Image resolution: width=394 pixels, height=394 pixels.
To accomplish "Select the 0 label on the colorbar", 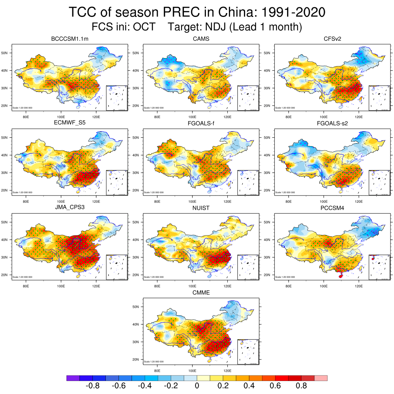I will [197, 386].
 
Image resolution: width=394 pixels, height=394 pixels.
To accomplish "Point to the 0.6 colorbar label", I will [275, 386].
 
